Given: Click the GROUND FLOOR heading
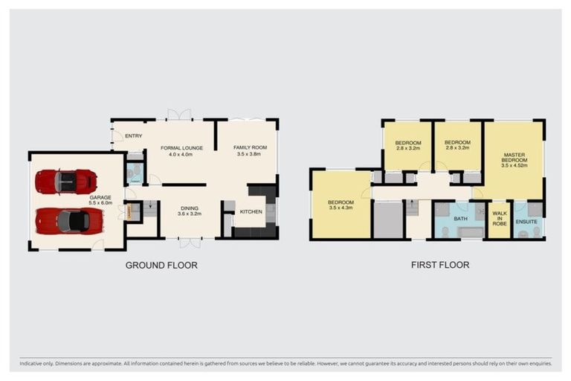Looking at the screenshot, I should pyautogui.click(x=161, y=265).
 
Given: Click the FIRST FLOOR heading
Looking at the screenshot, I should pyautogui.click(x=440, y=264).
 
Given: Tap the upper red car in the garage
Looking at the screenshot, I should pyautogui.click(x=65, y=181).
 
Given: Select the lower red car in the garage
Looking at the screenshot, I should pyautogui.click(x=69, y=220).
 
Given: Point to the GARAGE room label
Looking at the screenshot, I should pyautogui.click(x=100, y=197).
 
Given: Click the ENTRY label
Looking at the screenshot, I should pyautogui.click(x=134, y=136).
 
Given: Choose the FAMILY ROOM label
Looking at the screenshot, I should pyautogui.click(x=250, y=147).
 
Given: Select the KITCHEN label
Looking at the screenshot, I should pyautogui.click(x=251, y=212).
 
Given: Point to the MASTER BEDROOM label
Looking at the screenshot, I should pyautogui.click(x=514, y=158).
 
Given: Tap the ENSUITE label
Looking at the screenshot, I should pyautogui.click(x=526, y=221).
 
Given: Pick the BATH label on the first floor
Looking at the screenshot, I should pyautogui.click(x=460, y=219).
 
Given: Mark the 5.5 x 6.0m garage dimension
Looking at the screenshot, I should pyautogui.click(x=100, y=203).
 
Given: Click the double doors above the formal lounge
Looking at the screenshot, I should pyautogui.click(x=178, y=115).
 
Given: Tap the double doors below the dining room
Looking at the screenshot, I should pyautogui.click(x=190, y=243).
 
